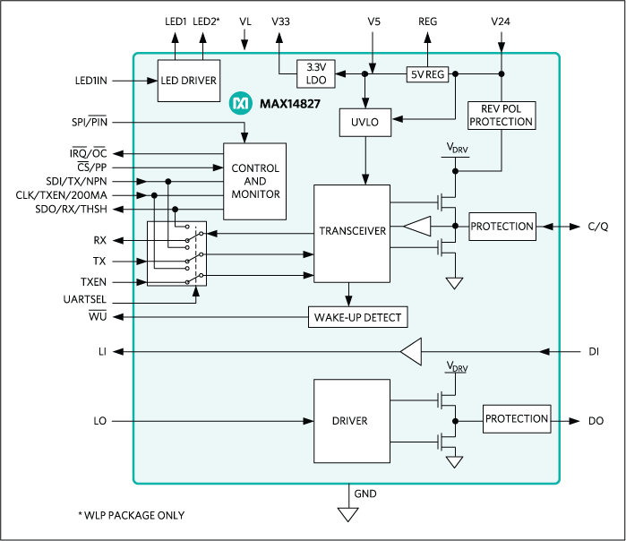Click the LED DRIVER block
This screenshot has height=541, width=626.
point(188,80)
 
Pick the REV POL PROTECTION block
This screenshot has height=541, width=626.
point(501,116)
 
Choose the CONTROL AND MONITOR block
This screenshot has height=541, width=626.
point(255,181)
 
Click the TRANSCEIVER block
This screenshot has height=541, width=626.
point(352,231)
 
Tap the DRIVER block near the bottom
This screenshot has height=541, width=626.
point(352,419)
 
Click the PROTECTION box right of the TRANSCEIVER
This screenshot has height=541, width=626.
point(502,227)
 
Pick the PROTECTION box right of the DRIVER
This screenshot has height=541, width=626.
point(516,419)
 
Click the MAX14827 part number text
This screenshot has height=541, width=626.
point(288,104)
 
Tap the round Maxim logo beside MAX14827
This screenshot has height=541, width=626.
point(239,104)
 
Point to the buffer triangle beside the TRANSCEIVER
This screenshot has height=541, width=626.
point(417,227)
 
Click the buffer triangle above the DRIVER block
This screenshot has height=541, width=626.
point(411,352)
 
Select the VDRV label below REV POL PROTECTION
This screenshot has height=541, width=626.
point(456,148)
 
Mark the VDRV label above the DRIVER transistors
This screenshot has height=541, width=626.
point(456,367)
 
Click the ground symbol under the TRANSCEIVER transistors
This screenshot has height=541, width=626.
point(455,283)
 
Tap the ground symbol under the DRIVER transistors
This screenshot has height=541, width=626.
point(455,462)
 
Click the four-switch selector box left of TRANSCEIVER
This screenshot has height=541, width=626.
point(176,254)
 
